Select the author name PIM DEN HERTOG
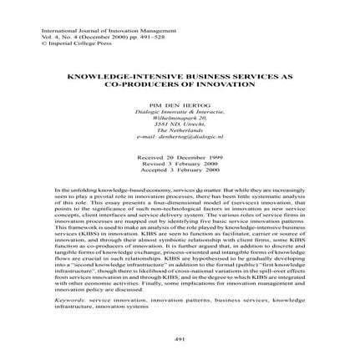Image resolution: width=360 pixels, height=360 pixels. [x=180, y=97]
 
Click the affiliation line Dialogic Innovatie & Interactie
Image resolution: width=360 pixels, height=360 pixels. [x=180, y=103]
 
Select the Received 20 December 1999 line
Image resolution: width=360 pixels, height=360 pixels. [x=180, y=155]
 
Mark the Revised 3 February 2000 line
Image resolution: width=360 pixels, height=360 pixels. [x=180, y=160]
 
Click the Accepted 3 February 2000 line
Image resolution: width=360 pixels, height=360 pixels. [x=180, y=165]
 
